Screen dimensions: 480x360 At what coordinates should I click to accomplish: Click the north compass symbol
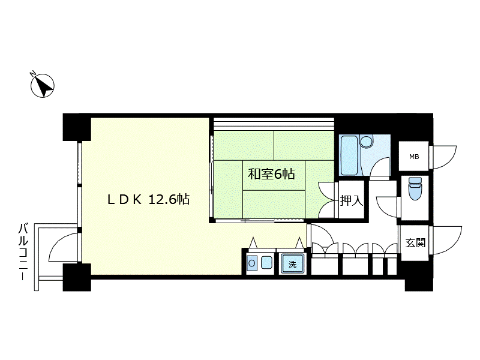click(43, 85)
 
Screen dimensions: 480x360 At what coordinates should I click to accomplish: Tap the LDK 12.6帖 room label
click(148, 200)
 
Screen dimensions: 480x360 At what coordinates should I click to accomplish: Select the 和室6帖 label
click(271, 174)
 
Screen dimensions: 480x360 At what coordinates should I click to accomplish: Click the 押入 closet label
click(352, 201)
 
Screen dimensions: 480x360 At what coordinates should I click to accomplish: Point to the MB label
click(414, 157)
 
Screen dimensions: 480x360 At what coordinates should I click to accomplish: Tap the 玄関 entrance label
click(415, 243)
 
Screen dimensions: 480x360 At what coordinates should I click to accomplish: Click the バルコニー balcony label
click(23, 251)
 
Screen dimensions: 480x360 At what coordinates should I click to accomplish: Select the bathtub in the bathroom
click(350, 155)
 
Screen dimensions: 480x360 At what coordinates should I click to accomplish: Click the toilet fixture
click(415, 188)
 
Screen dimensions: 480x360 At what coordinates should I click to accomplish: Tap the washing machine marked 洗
click(292, 263)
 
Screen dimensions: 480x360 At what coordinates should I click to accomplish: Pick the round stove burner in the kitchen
click(252, 263)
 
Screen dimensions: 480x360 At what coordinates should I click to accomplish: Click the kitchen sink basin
click(266, 263)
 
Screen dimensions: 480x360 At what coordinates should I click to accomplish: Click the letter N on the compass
click(32, 73)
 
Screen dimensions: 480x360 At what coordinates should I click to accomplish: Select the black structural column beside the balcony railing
click(77, 277)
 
